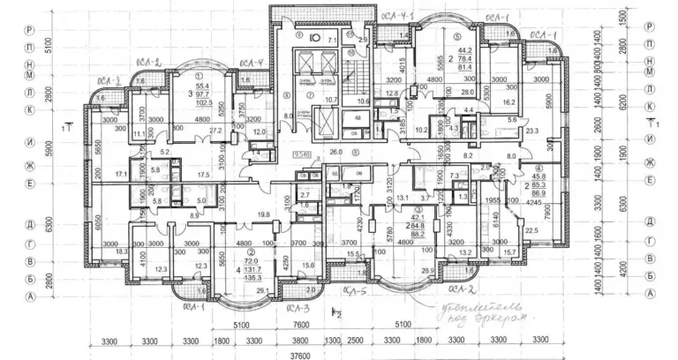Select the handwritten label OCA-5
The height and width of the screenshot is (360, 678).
355,289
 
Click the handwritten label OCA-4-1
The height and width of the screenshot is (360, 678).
398,16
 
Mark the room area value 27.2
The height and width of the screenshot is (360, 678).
215,130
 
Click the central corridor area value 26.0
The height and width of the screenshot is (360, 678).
335,152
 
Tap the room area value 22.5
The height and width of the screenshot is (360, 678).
531,231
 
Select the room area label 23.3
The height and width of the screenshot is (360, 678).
531,131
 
